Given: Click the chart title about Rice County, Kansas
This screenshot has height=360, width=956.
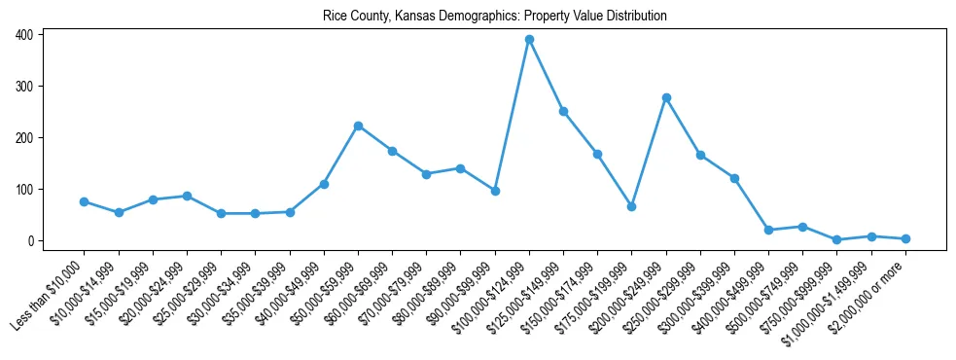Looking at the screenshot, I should (x=495, y=17).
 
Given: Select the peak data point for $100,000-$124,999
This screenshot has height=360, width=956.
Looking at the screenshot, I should (x=529, y=40).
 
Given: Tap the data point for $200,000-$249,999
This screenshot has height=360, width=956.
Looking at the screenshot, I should (x=666, y=97).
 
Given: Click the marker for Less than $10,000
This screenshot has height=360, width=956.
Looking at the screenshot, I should (x=85, y=201).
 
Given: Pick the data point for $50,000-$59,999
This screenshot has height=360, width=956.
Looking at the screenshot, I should (x=358, y=126).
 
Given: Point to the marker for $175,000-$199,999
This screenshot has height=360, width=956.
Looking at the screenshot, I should (x=632, y=206).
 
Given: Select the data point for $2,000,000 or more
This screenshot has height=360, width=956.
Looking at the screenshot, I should (x=905, y=238).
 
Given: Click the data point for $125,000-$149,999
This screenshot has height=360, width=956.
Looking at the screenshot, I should (x=563, y=111).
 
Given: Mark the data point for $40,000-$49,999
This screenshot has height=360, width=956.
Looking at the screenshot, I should (x=324, y=184).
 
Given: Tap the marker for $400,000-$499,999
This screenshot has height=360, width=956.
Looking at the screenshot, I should (x=768, y=230).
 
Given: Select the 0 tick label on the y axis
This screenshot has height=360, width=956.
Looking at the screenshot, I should (x=32, y=240).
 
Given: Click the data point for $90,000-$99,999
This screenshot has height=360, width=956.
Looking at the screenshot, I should (x=495, y=191).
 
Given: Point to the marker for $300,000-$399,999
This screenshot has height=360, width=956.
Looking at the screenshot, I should (x=734, y=178).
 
